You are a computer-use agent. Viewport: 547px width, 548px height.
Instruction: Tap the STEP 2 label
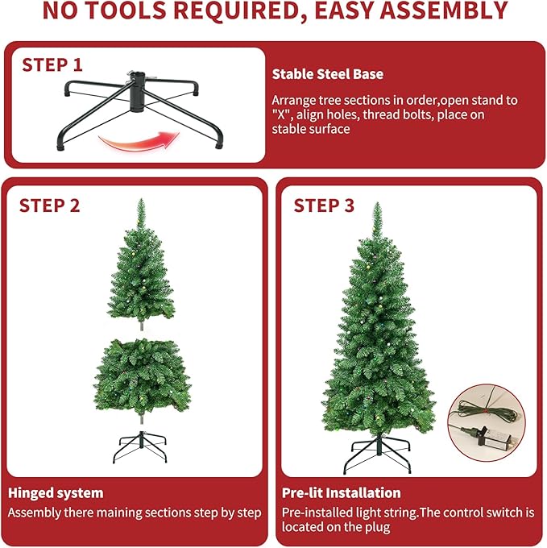(49, 205)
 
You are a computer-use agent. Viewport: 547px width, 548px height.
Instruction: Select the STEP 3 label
(323, 205)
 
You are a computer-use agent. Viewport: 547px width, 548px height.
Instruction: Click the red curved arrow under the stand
(138, 143)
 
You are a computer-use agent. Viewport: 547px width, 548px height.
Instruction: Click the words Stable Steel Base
(327, 74)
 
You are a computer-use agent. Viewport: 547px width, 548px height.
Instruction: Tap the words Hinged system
(56, 492)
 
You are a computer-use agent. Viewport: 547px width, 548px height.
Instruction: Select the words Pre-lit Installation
(341, 492)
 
